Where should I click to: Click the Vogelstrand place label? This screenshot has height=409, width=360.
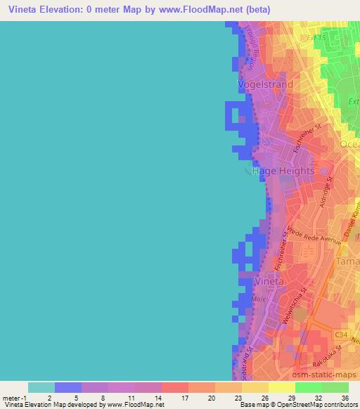(264, 84)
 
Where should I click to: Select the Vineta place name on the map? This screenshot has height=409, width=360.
(269, 282)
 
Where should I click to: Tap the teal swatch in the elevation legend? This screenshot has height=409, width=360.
(41, 387)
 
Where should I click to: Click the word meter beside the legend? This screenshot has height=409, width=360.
(11, 398)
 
